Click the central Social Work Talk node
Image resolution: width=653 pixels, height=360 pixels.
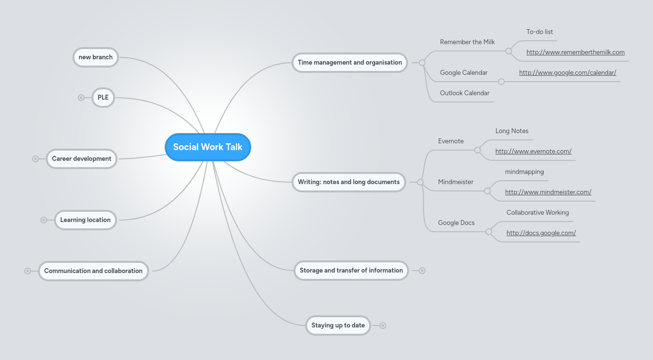[207, 147]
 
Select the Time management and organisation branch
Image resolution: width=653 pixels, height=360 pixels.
[349, 63]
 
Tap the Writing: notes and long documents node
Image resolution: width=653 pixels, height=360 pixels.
[348, 182]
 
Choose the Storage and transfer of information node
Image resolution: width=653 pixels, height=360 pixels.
[351, 271]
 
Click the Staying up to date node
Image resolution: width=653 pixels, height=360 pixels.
[338, 326]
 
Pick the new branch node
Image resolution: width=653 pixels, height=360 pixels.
[96, 57]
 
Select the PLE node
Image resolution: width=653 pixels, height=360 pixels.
[103, 98]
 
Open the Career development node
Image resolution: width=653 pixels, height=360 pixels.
[82, 159]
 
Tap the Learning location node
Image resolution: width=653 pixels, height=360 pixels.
[86, 220]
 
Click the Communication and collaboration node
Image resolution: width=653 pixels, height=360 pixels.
[93, 271]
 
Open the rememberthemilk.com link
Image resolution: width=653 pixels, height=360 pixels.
[575, 52]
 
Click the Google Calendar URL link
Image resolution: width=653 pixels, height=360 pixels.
[567, 73]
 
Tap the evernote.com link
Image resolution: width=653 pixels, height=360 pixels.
[533, 152]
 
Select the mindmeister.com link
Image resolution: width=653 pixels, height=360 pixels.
[548, 192]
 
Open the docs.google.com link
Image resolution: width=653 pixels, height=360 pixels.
[541, 233]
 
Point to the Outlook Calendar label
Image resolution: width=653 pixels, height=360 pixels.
[464, 93]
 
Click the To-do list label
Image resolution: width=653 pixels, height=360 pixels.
[539, 32]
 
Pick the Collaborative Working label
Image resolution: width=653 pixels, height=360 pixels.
[537, 213]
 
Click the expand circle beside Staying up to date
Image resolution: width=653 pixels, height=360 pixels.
[383, 326]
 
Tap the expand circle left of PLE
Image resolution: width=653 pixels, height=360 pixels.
[81, 98]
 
